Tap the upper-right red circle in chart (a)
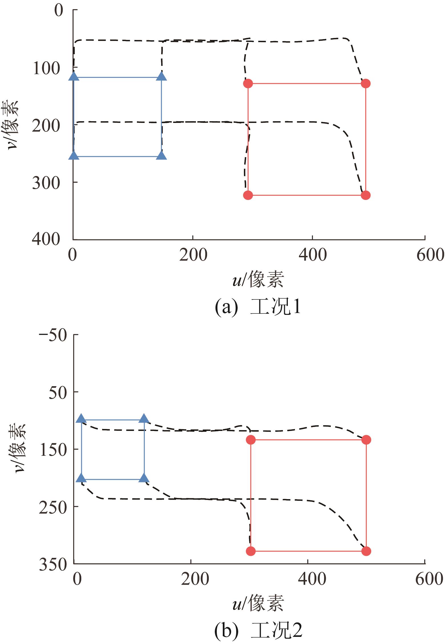(365, 84)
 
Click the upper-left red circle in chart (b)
(251, 440)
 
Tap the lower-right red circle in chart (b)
(366, 551)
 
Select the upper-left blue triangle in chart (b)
(81, 418)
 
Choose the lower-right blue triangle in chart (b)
(144, 478)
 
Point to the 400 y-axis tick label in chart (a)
(46, 239)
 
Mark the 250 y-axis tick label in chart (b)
(53, 507)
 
